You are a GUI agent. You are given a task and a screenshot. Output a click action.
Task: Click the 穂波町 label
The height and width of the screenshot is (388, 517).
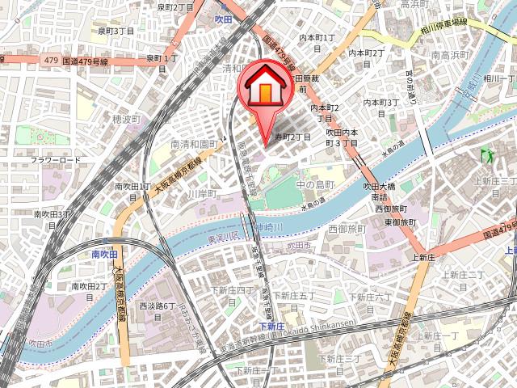pyautogui.click(x=127, y=119)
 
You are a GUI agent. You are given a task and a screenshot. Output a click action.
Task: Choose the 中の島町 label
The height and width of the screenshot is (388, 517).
pyautogui.click(x=315, y=185)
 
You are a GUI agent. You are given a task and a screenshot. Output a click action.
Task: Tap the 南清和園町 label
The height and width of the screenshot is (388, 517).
pyautogui.click(x=195, y=143)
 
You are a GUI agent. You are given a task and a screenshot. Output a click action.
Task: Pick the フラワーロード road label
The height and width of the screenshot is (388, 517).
pyautogui.click(x=56, y=160)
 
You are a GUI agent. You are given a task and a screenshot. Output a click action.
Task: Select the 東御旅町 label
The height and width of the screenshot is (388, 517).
pyautogui.click(x=400, y=221)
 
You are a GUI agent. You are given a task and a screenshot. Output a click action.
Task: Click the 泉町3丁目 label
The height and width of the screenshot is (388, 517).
pyautogui.click(x=116, y=31)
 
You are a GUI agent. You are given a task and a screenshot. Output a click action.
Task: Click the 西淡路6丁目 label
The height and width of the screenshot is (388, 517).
pyautogui.click(x=158, y=306)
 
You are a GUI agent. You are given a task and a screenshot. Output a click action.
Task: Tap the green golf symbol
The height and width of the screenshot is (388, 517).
pyautogui.click(x=486, y=153)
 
